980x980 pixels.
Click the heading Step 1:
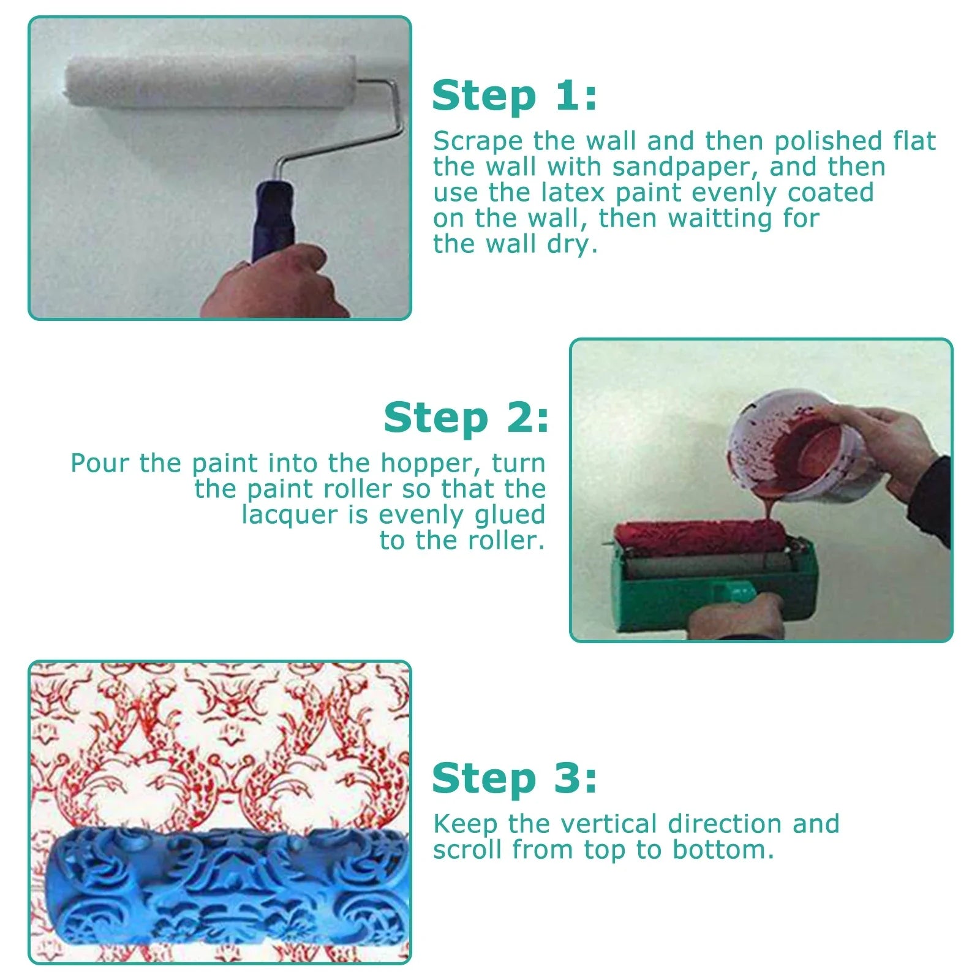(x=514, y=96)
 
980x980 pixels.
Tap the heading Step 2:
(x=466, y=418)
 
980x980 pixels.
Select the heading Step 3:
(x=514, y=779)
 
